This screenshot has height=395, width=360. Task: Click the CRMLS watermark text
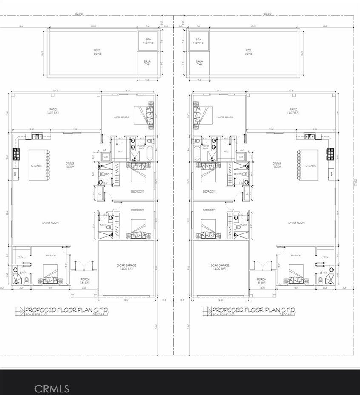(51, 388)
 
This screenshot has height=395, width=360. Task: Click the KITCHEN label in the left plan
(36, 166)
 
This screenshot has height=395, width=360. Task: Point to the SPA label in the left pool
(149, 40)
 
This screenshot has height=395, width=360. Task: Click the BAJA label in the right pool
(199, 63)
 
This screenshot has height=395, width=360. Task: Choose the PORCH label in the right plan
(262, 280)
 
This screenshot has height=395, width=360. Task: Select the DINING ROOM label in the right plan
(277, 165)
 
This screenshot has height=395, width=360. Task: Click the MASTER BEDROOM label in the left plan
(120, 117)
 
